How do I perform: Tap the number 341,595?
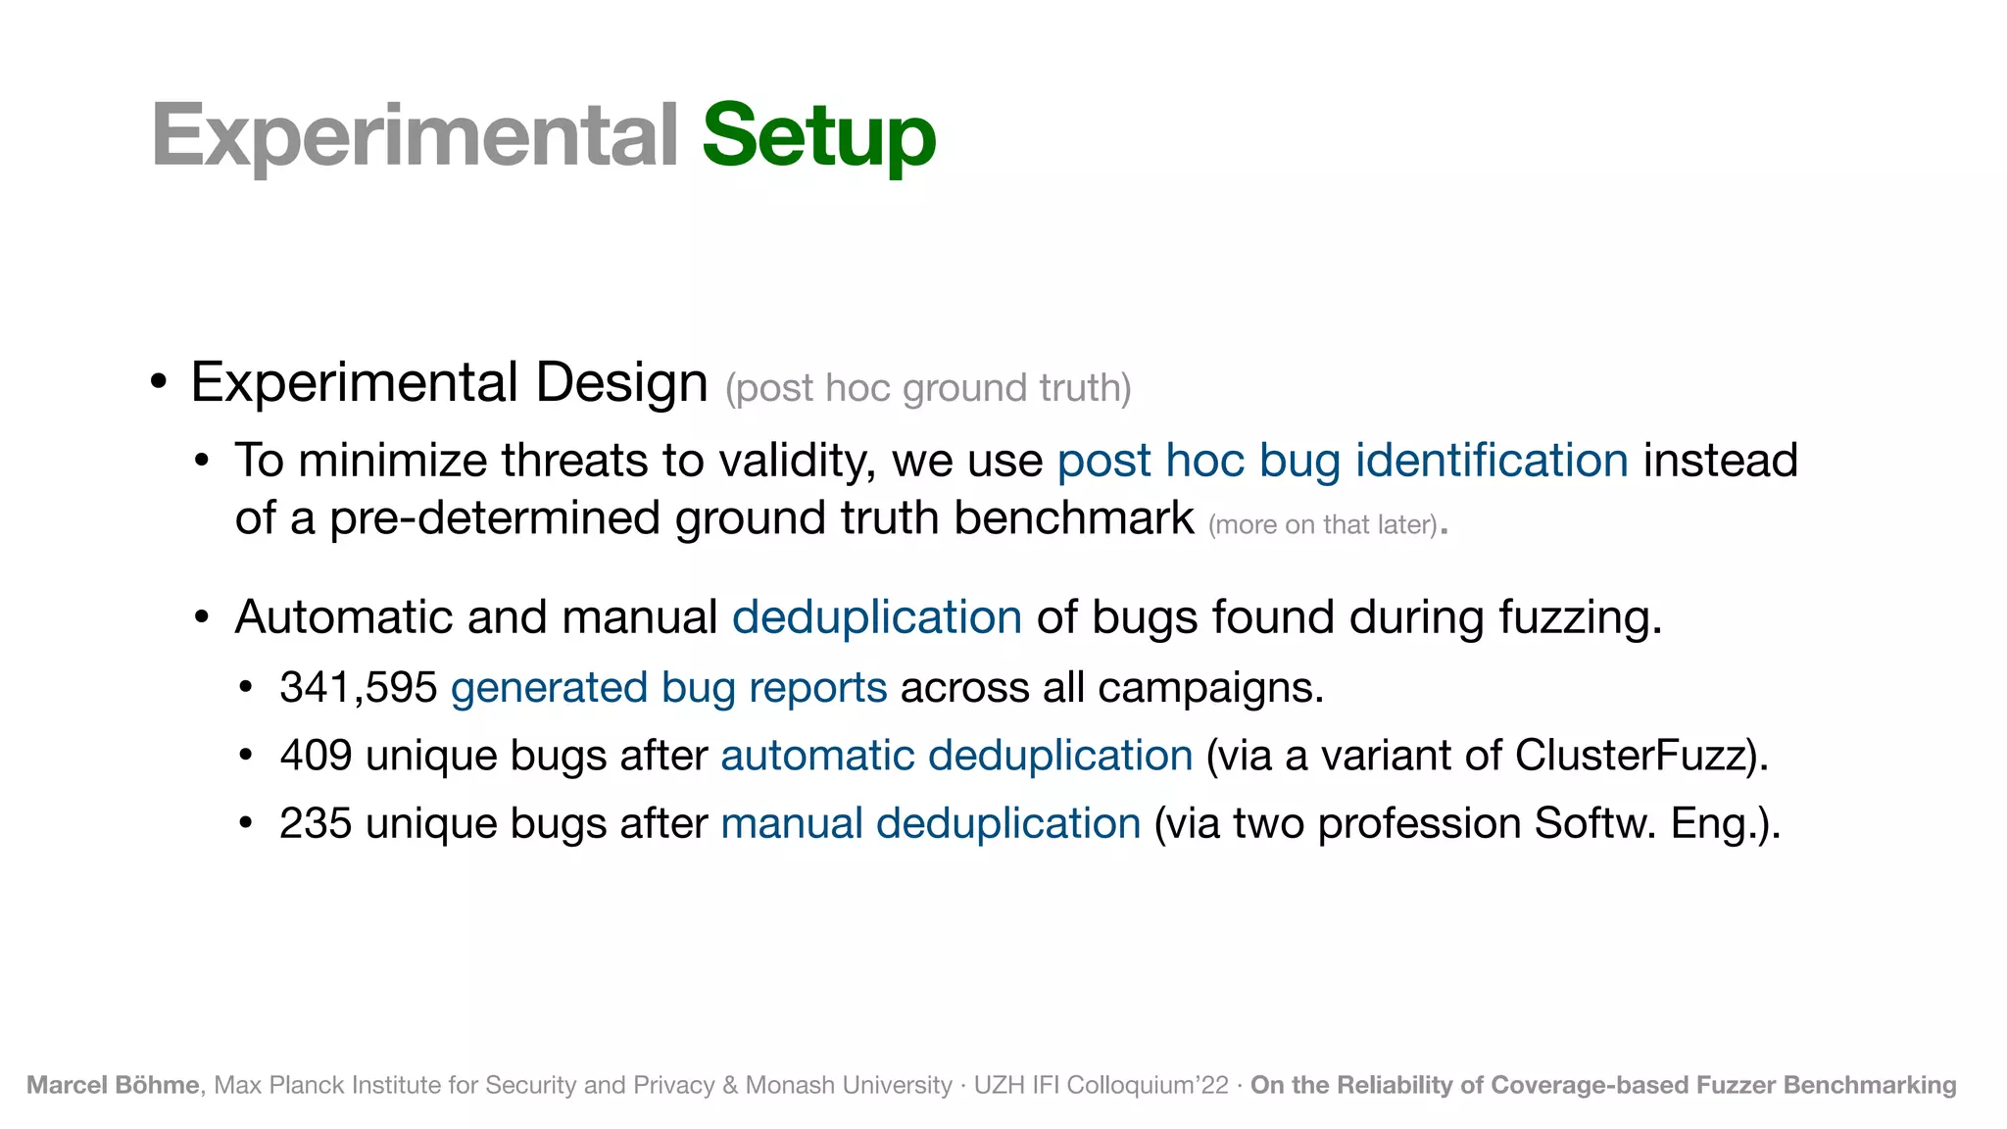coord(358,688)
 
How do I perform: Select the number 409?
coord(316,756)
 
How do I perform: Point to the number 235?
coord(316,823)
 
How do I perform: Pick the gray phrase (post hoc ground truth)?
coord(928,388)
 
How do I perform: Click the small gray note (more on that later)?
coord(1323,525)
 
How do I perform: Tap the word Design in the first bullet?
coord(621,382)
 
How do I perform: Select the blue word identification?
coord(1492,461)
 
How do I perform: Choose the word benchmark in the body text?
coord(1074,517)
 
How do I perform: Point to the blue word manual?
coord(792,823)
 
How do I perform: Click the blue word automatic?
coord(818,756)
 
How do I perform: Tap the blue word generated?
coord(549,688)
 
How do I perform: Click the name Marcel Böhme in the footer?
coord(113,1085)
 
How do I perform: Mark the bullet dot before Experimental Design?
coord(158,382)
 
